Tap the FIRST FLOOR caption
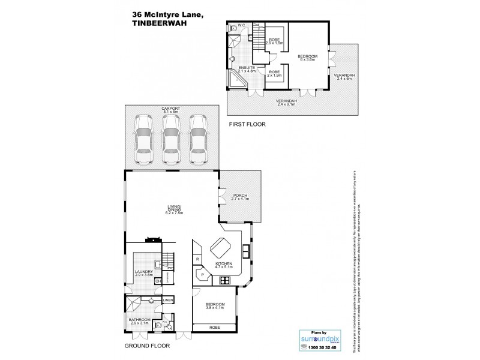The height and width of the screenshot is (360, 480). click(246, 124)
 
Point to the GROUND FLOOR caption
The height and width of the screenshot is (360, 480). click(147, 346)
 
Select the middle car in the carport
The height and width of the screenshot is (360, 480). click(171, 140)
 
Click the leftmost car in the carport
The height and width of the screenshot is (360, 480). click(143, 140)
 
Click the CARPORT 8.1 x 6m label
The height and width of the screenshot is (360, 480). click(171, 110)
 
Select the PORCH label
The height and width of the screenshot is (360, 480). click(239, 197)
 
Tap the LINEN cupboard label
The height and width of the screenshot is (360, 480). click(168, 300)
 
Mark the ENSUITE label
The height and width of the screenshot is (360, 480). click(247, 68)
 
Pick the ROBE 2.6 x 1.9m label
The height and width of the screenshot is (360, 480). click(274, 42)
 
